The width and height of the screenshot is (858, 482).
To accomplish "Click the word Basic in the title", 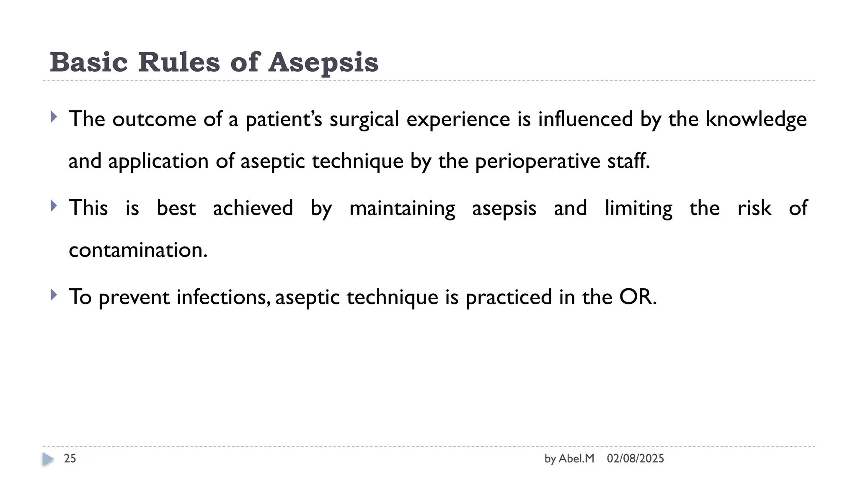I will pyautogui.click(x=88, y=63).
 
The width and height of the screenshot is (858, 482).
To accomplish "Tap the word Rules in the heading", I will pyautogui.click(x=179, y=63).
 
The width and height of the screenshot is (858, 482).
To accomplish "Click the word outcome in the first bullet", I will pyautogui.click(x=154, y=119).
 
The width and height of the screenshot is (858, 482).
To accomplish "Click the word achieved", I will pyautogui.click(x=253, y=208).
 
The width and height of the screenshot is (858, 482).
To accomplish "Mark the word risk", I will pyautogui.click(x=754, y=208).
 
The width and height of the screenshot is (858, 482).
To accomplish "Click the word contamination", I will pyautogui.click(x=138, y=250).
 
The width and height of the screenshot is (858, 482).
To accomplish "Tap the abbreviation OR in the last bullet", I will pyautogui.click(x=637, y=297).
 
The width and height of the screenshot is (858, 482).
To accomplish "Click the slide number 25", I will pyautogui.click(x=70, y=459).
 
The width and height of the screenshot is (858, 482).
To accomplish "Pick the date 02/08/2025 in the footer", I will pyautogui.click(x=635, y=459).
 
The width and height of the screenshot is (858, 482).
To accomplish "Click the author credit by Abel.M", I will pyautogui.click(x=569, y=459).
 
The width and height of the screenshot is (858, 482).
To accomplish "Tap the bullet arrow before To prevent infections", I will pyautogui.click(x=53, y=295).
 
